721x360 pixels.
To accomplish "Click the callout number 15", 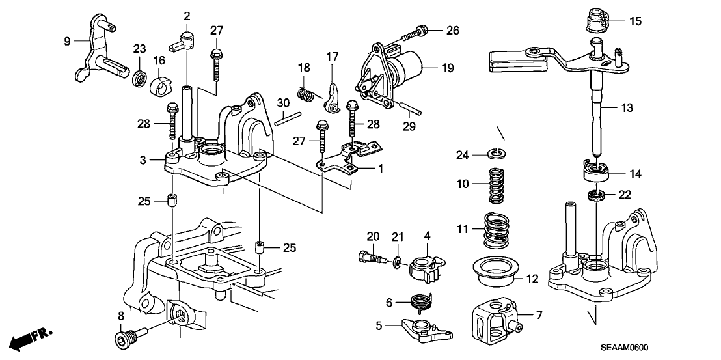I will click(x=635, y=21).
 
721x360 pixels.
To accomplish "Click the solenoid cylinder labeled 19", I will click(x=407, y=66).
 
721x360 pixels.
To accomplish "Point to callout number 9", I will click(x=67, y=41).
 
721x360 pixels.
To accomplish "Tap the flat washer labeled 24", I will click(x=498, y=155).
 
